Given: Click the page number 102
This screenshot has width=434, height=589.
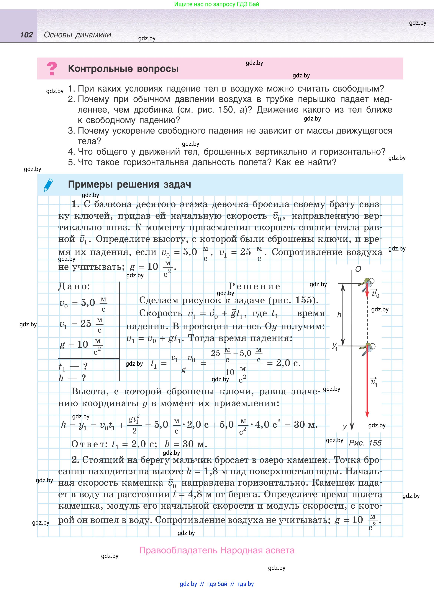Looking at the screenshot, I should (27, 35).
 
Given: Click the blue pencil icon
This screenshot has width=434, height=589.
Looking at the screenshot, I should (49, 185).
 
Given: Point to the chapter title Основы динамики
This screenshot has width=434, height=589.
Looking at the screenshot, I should (78, 35).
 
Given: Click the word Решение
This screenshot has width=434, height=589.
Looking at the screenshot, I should (254, 286).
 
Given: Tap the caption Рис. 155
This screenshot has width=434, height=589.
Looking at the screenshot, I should (365, 443).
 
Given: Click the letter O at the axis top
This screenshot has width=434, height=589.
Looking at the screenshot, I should (358, 269).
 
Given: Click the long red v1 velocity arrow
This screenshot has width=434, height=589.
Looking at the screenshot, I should (367, 386).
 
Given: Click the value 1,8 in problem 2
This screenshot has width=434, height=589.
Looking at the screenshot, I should (211, 471).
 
